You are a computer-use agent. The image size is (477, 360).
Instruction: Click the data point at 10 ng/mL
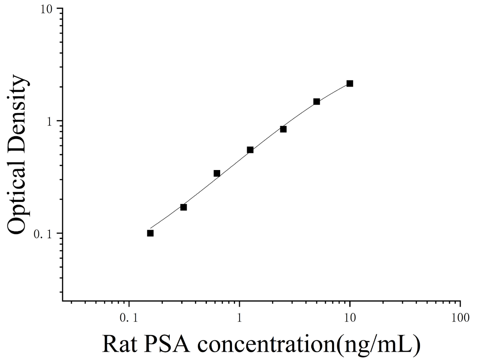click(350, 83)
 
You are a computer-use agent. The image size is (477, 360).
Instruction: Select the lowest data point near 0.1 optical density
click(150, 233)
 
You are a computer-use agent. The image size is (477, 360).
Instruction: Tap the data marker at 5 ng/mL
click(317, 102)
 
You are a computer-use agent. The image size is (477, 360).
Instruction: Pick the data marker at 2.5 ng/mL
click(283, 129)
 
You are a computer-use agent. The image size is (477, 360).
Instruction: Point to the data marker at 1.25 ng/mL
click(250, 150)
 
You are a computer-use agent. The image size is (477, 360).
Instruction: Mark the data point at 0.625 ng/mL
click(217, 174)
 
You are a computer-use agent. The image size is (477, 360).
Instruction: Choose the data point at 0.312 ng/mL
click(183, 207)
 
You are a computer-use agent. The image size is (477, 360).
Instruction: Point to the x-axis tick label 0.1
click(129, 318)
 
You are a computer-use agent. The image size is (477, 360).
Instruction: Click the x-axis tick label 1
click(240, 318)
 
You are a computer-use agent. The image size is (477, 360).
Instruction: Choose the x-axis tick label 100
click(460, 318)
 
